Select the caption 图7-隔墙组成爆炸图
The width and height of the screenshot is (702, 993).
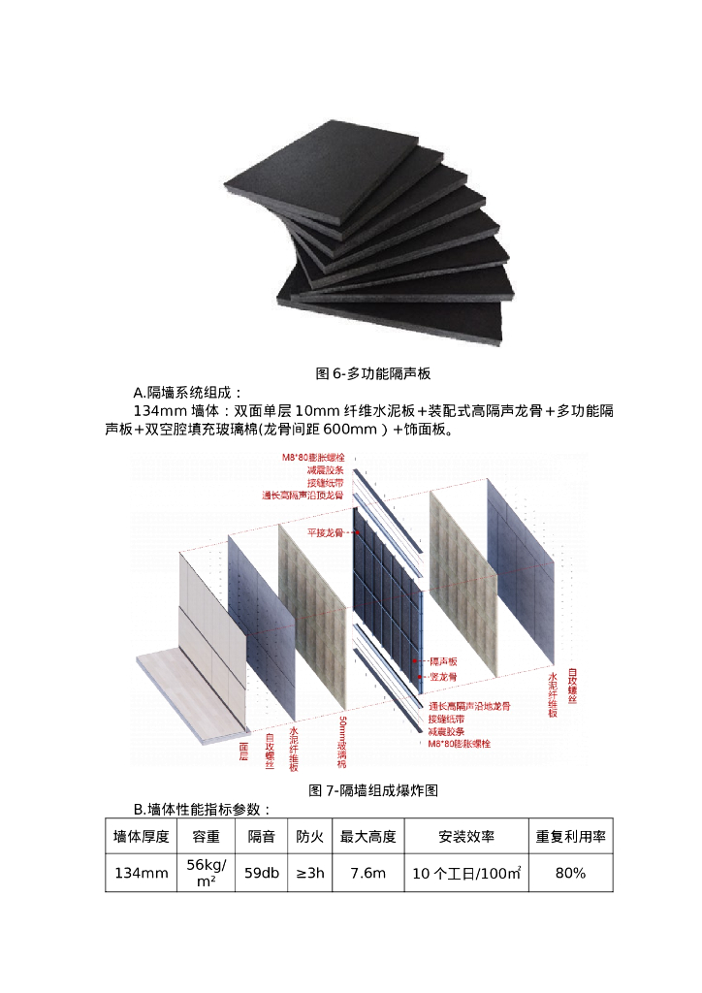pos(373,790)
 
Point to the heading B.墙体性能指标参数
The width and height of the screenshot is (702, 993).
pos(202,810)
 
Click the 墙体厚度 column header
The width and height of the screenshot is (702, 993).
pos(141,836)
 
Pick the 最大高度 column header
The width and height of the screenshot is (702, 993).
pos(367,836)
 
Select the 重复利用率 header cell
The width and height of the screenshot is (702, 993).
pos(570,836)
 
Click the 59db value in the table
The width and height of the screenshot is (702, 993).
pos(262,873)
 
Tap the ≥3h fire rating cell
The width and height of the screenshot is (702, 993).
pos(310,873)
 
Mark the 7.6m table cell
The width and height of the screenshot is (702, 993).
pos(367,873)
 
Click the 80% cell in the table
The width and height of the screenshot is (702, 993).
pos(570,873)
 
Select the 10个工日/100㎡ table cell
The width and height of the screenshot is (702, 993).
pos(466,873)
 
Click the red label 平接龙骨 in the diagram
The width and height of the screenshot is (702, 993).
pos(326,532)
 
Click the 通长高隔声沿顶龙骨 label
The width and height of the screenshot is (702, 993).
pos(302,495)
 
